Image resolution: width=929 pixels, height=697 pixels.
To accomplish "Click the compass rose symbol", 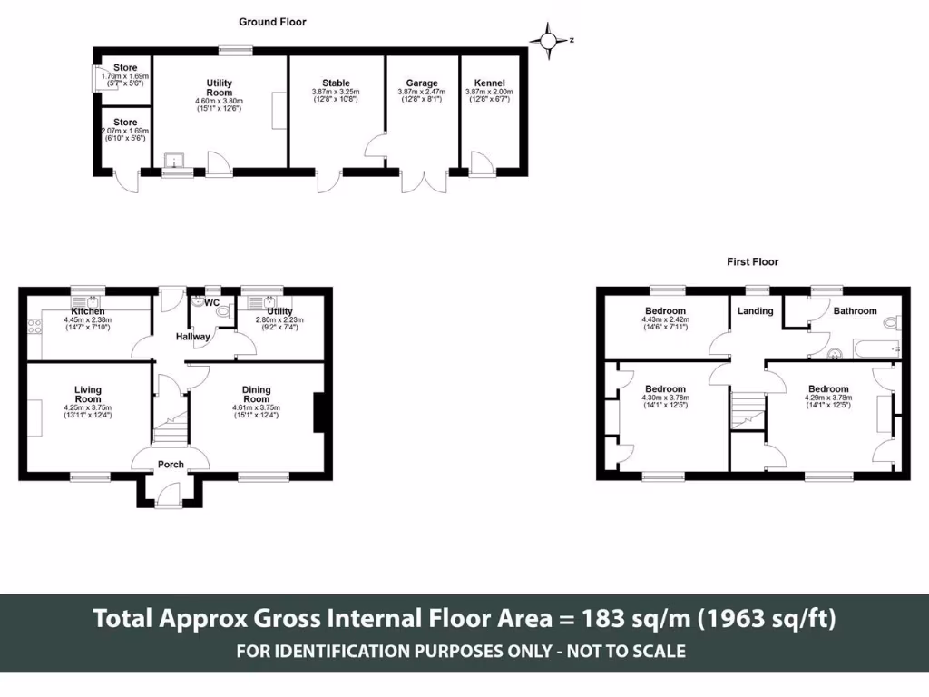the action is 549,41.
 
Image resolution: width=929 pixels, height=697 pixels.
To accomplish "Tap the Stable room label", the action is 336,83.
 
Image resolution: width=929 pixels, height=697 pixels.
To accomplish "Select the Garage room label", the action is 422,83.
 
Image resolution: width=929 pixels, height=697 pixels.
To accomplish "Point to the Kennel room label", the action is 489,83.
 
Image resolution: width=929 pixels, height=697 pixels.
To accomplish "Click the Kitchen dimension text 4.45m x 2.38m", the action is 88,320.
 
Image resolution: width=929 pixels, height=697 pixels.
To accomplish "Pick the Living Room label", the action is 88,394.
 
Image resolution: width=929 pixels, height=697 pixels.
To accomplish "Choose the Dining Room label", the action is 257,394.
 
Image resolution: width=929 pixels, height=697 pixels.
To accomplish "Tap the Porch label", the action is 171,465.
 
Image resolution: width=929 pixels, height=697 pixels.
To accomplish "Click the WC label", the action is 212,303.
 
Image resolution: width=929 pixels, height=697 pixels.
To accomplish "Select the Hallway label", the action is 192,337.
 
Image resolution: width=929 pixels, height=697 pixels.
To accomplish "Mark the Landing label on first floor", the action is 756,311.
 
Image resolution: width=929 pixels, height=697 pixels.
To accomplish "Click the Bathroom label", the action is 855,310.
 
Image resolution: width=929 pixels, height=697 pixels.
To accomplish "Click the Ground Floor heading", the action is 272,22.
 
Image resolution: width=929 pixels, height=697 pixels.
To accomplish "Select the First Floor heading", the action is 752,262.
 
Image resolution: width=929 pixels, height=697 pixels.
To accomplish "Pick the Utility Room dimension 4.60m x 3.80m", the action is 220,102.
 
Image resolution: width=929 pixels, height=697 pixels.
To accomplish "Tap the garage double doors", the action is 425,182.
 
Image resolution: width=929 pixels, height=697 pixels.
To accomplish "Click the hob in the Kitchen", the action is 34,326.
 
